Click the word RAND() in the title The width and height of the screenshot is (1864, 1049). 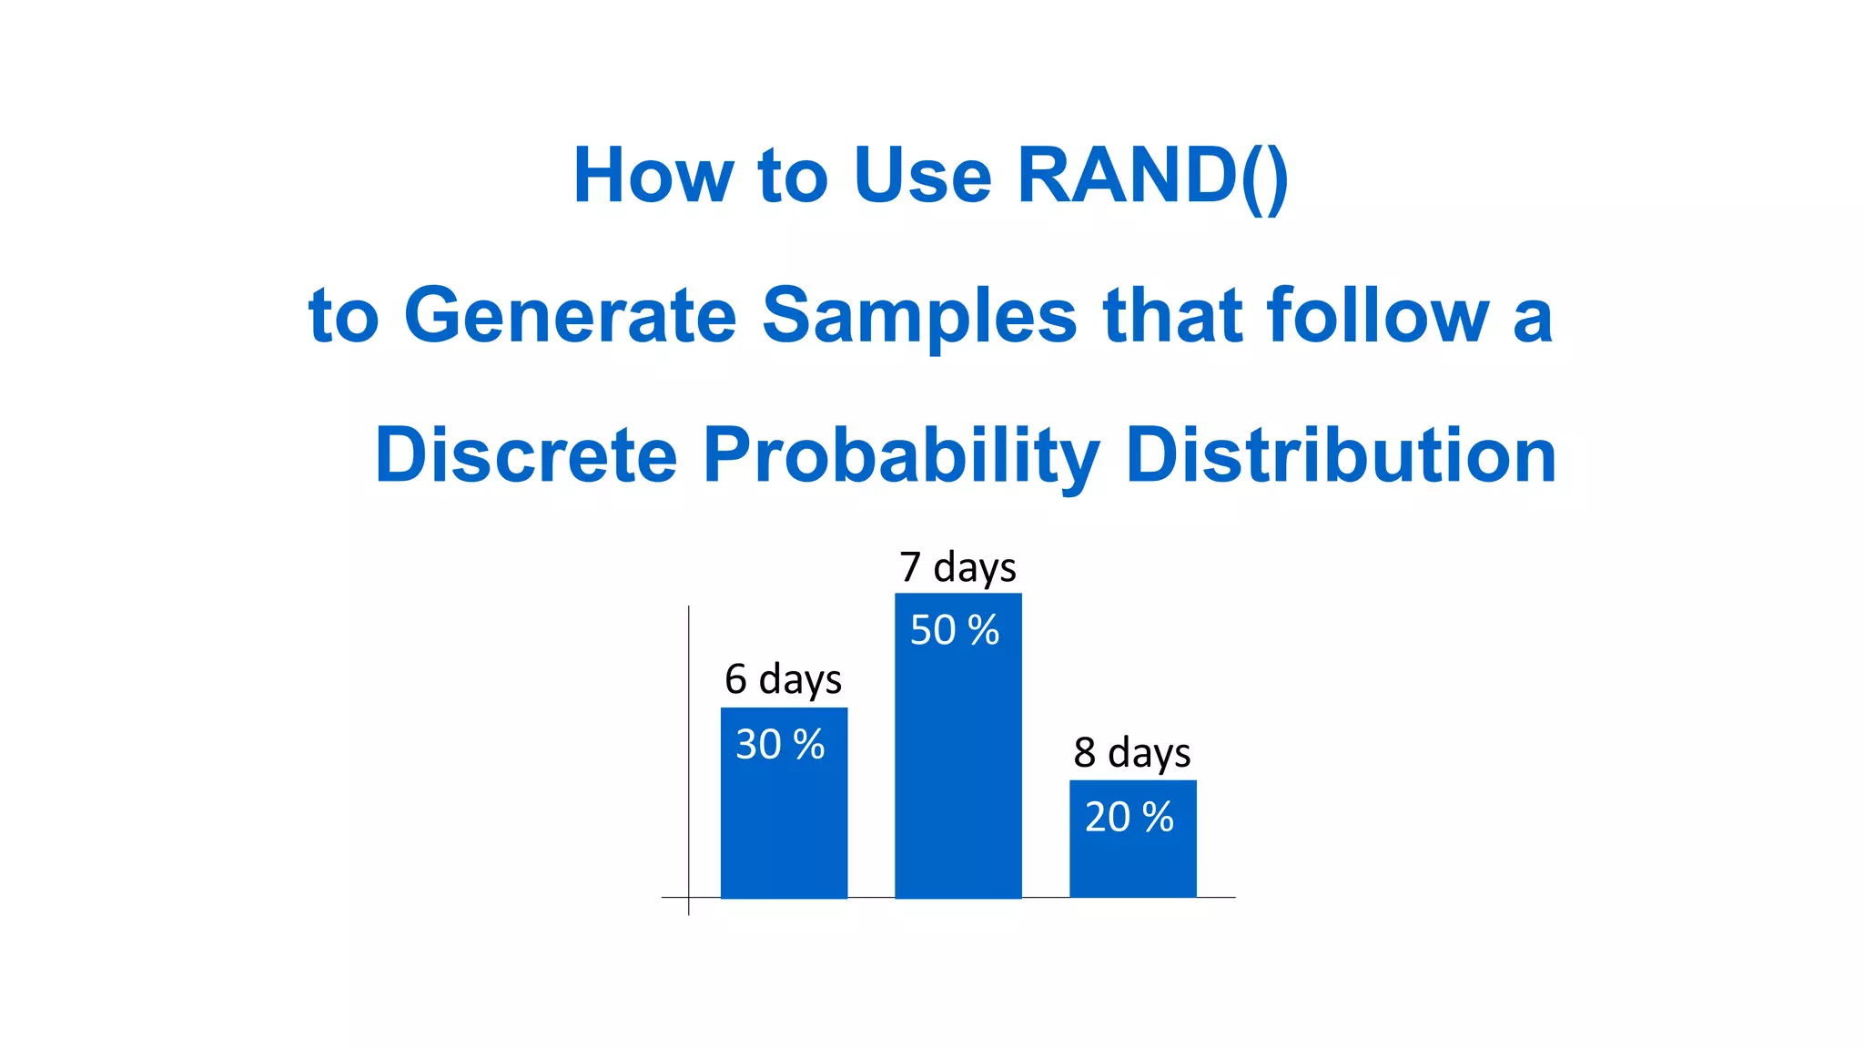(x=1152, y=176)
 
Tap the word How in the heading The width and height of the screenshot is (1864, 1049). (x=653, y=176)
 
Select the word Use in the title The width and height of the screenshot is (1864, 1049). (x=921, y=176)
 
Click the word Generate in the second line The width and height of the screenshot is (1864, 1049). (x=570, y=316)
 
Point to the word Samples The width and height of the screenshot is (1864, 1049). (x=919, y=316)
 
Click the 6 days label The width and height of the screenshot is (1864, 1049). (x=783, y=679)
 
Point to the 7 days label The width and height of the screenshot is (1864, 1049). (x=957, y=567)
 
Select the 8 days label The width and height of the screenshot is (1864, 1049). (x=1132, y=753)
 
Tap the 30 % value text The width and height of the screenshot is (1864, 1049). (x=780, y=745)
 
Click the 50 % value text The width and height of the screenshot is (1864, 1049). (x=955, y=630)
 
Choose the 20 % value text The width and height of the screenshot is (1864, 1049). (x=1130, y=817)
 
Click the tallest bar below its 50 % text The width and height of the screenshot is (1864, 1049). (x=957, y=774)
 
